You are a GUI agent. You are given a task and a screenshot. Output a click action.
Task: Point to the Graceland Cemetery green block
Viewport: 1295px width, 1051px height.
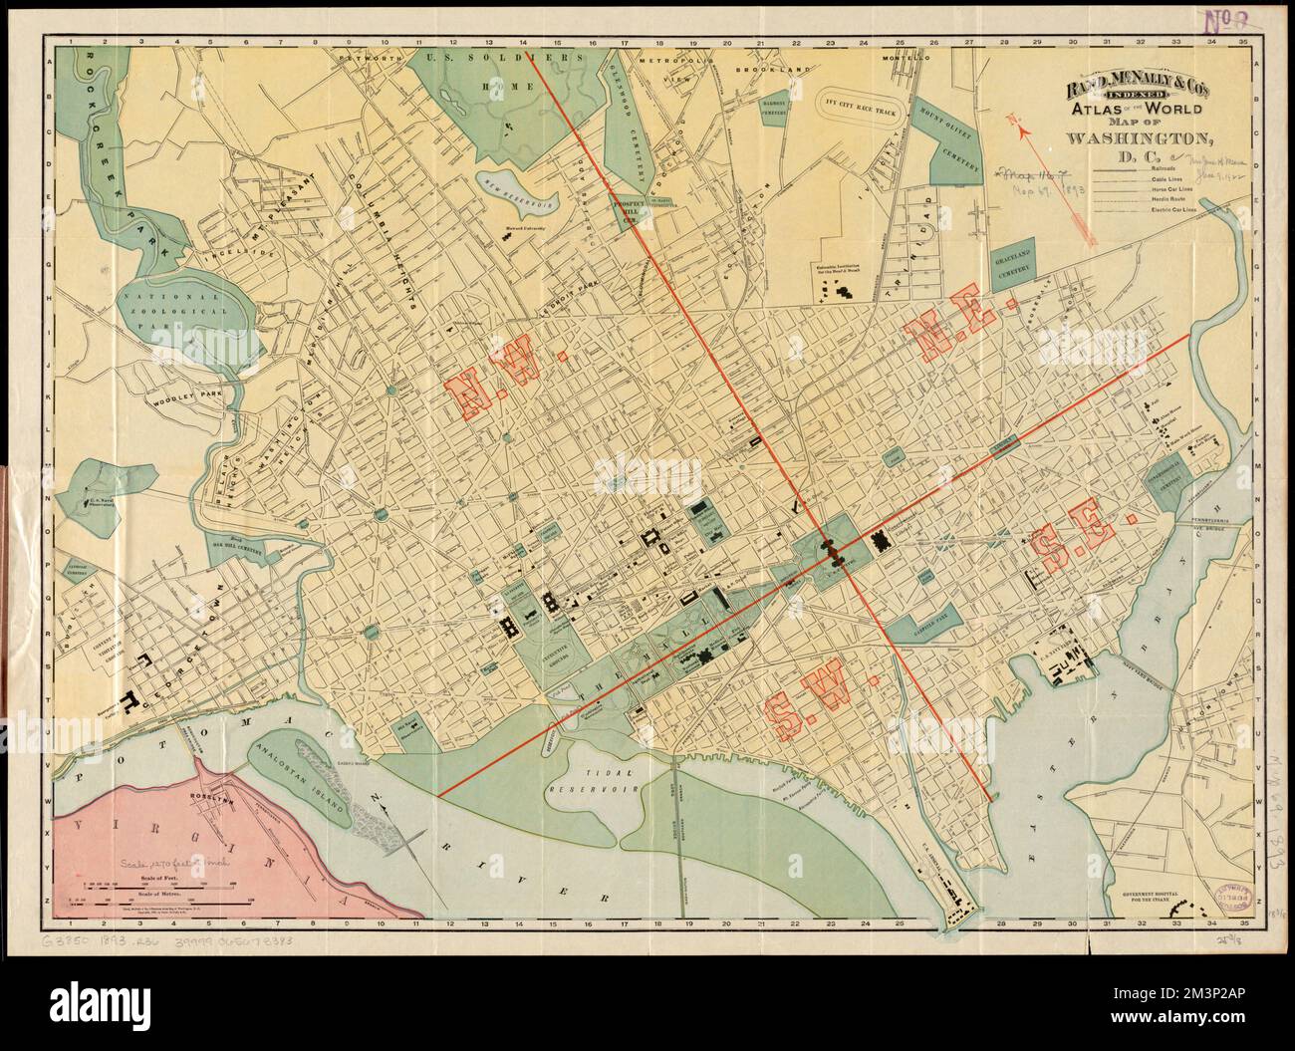1013,261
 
